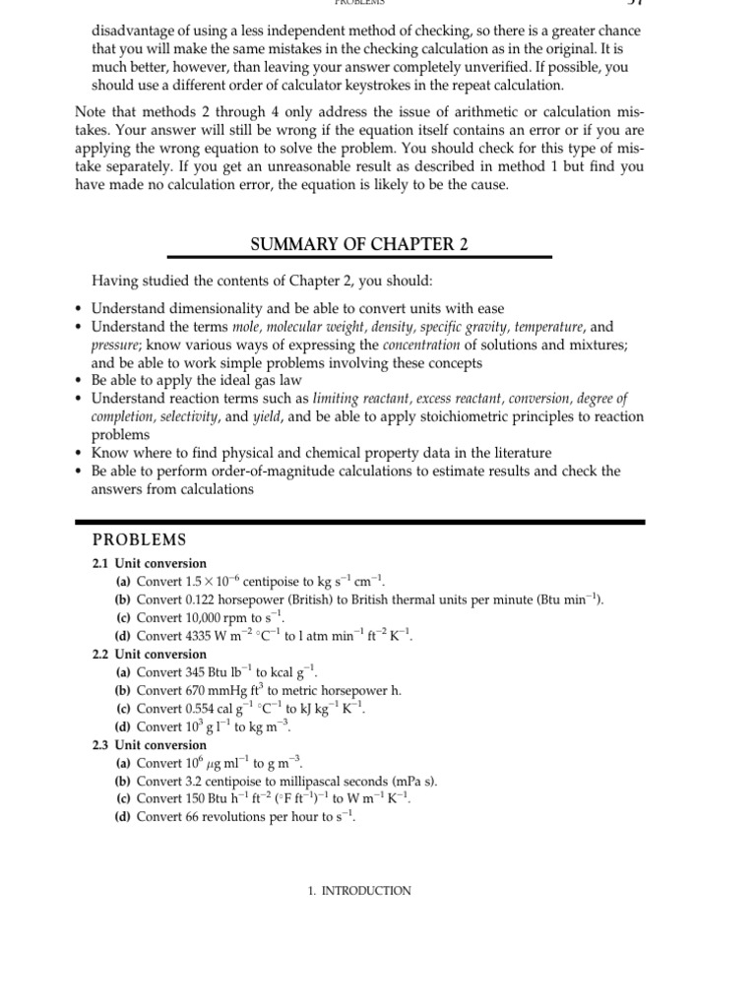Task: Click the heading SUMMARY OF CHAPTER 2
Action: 359,245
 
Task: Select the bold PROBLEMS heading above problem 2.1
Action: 138,539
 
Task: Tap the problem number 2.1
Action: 101,563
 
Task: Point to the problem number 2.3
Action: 101,745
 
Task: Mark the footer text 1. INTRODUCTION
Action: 359,891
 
